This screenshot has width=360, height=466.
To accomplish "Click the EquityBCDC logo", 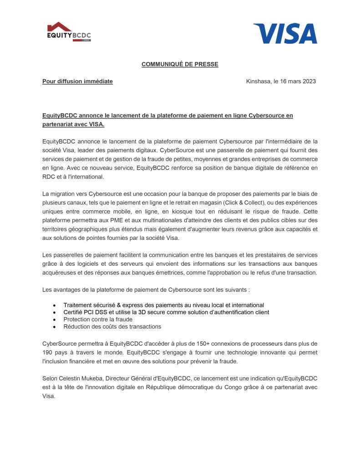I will (69, 32).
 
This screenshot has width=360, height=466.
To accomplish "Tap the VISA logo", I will (285, 33).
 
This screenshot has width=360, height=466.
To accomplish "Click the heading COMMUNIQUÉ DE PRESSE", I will (180, 64).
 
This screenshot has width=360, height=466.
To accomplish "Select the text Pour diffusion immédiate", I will (77, 81).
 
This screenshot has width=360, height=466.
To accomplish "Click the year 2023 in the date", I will (308, 81).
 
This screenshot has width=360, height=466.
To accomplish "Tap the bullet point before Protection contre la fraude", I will (55, 319).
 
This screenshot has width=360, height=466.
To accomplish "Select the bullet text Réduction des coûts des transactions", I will (112, 327).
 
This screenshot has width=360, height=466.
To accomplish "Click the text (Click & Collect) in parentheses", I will (248, 202).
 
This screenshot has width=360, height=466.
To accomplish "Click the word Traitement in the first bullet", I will (78, 305).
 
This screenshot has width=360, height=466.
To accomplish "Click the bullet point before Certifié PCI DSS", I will (55, 312).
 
